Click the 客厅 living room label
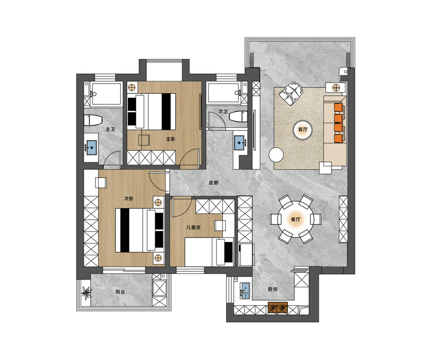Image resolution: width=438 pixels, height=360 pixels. pos(303,129)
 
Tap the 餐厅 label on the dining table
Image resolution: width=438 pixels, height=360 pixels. pos(296,219)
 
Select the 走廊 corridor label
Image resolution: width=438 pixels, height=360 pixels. pos(214,183)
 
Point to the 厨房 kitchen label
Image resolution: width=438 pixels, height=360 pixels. pos(272,289)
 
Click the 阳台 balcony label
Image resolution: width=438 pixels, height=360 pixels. pos(120,292)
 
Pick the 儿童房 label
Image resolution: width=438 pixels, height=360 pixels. pos(194,227)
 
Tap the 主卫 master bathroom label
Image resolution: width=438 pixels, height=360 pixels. pos(110,129)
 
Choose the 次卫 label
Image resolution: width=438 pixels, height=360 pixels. pos(223,112)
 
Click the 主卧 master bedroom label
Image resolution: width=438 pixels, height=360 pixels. pos(171,139)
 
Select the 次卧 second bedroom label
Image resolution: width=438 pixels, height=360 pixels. pos(129,199)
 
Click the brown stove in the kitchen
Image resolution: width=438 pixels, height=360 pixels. pos(278,307)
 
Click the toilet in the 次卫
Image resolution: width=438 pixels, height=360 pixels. pos(238,116)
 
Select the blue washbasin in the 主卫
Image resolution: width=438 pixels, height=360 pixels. pos(92,147)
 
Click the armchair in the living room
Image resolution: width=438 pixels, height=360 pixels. pos(291,93)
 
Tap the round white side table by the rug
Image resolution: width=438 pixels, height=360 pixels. pos(276,155)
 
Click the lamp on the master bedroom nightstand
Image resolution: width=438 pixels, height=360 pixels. pos(131,87)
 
